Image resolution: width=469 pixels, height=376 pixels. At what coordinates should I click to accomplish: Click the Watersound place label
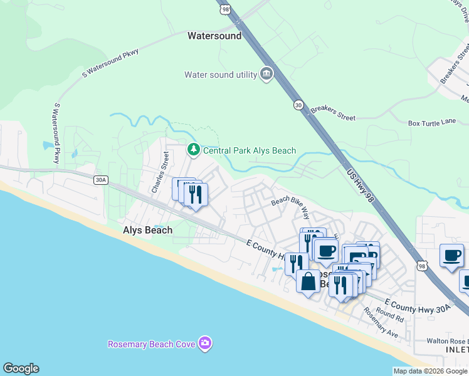214,36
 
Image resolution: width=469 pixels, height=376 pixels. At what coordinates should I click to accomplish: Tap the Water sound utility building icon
266,75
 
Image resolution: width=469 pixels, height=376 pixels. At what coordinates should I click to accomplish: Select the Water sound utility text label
221,75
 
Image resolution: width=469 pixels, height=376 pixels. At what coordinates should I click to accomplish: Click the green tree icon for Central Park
194,150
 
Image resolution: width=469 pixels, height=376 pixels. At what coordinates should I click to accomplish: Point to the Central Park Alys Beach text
249,150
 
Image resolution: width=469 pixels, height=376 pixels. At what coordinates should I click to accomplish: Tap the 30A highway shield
100,180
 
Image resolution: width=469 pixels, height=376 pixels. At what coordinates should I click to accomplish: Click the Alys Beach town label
147,230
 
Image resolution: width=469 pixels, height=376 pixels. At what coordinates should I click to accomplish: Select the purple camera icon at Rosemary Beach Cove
204,343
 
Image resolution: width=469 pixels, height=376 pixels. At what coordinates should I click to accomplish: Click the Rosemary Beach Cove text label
151,344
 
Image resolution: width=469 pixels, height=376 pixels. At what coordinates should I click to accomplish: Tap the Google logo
21,368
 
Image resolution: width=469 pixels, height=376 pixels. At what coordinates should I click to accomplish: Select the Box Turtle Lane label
432,123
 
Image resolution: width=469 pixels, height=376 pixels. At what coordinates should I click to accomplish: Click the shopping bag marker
308,281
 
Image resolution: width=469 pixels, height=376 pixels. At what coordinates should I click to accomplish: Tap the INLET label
456,350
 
